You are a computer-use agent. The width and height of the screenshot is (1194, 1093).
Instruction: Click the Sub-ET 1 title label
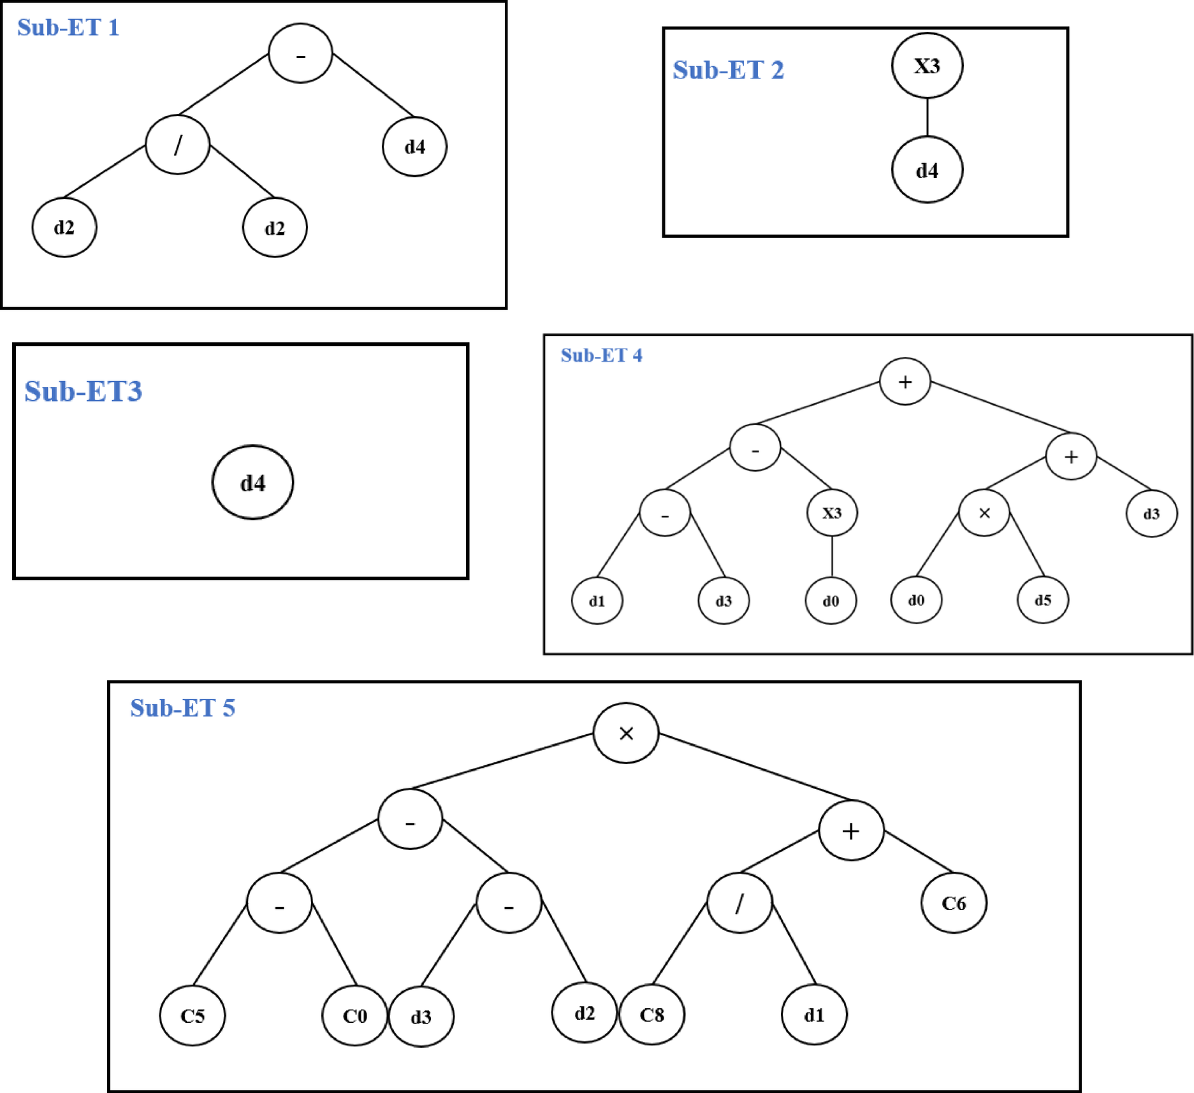(68, 27)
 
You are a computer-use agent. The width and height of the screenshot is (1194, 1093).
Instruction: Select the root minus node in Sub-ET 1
(300, 54)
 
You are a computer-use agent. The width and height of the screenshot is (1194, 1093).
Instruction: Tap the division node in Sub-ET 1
(177, 145)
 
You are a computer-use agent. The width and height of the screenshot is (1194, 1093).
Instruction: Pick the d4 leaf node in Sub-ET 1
(414, 147)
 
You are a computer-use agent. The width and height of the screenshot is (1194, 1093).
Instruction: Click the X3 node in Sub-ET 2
(926, 66)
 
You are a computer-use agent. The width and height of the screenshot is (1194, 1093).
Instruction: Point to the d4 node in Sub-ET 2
(926, 170)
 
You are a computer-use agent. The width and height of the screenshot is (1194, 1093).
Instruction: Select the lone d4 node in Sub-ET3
(252, 482)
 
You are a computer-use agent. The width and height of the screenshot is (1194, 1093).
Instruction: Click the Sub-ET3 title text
(83, 391)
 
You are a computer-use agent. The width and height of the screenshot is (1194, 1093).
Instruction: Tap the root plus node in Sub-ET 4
(905, 382)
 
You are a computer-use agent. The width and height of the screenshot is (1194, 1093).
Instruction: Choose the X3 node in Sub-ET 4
(831, 513)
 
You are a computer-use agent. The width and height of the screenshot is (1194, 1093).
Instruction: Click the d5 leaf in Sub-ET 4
(1042, 600)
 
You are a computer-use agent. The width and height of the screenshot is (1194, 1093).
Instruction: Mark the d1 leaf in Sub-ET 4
(597, 601)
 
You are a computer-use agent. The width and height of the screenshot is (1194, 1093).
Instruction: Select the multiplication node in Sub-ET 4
(984, 513)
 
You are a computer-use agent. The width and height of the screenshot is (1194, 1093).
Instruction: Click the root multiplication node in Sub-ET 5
(625, 733)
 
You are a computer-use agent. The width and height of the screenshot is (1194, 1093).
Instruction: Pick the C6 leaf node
(953, 903)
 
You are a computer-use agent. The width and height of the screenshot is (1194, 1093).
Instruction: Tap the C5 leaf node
(192, 1015)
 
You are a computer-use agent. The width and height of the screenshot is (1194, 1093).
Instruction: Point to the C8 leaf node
(652, 1015)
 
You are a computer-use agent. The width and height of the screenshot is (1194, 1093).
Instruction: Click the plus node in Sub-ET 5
(850, 831)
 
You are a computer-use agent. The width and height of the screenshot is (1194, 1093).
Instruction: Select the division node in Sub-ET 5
(739, 903)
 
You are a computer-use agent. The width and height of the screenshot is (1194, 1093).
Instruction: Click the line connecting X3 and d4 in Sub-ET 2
(927, 117)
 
